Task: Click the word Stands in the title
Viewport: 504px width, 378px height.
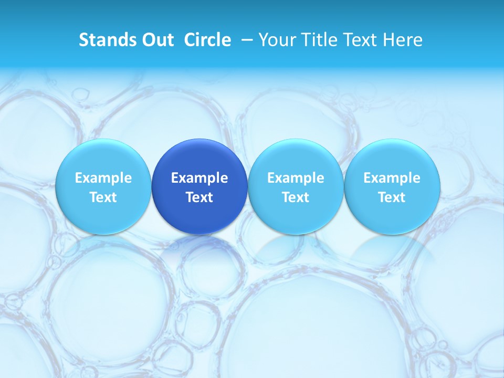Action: click(103, 40)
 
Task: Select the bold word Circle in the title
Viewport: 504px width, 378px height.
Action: click(207, 40)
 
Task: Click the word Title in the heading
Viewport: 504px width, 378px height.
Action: click(319, 40)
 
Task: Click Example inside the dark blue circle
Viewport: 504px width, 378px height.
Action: click(199, 178)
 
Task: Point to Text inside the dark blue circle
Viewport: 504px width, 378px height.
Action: click(199, 197)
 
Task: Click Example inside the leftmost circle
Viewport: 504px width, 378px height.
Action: click(103, 178)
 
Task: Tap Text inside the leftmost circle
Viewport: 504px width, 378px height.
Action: click(103, 197)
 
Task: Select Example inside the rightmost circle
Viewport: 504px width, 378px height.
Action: click(392, 178)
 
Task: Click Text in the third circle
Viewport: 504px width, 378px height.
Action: click(296, 197)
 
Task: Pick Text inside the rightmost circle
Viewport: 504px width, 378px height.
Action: click(392, 197)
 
